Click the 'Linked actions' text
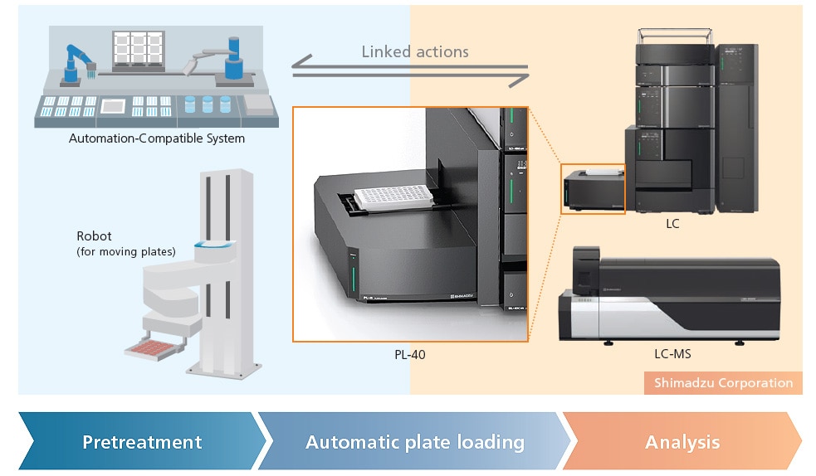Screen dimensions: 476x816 pyautogui.click(x=415, y=51)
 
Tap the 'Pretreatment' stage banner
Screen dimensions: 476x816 pyautogui.click(x=142, y=441)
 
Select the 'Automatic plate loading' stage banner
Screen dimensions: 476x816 pyautogui.click(x=414, y=441)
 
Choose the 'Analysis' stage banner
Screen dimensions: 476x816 pyautogui.click(x=682, y=441)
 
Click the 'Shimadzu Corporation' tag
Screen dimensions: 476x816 pyautogui.click(x=723, y=382)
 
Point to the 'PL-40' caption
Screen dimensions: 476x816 pyautogui.click(x=411, y=355)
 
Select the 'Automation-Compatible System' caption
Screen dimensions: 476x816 pyautogui.click(x=157, y=138)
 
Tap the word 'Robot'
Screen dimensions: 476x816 pyautogui.click(x=94, y=236)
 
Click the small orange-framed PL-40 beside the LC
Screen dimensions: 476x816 pyautogui.click(x=593, y=190)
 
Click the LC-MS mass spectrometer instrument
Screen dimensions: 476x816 pyautogui.click(x=672, y=299)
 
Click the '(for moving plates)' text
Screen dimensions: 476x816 pyautogui.click(x=126, y=251)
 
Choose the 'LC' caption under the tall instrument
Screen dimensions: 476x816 pyautogui.click(x=672, y=223)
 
